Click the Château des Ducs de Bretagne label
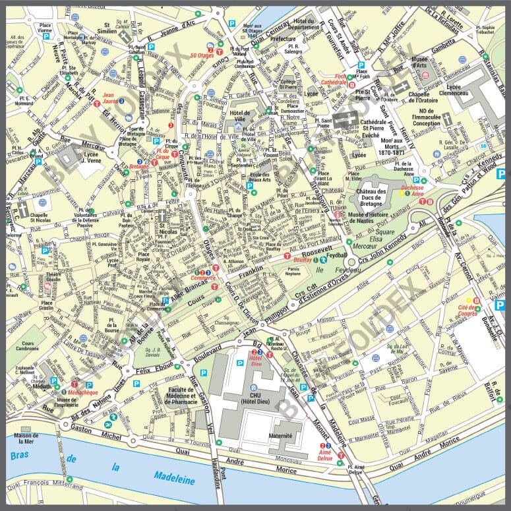tap(380, 196)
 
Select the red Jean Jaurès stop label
tap(114, 98)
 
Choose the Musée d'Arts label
tap(419, 63)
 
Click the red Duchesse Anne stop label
tap(411, 190)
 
